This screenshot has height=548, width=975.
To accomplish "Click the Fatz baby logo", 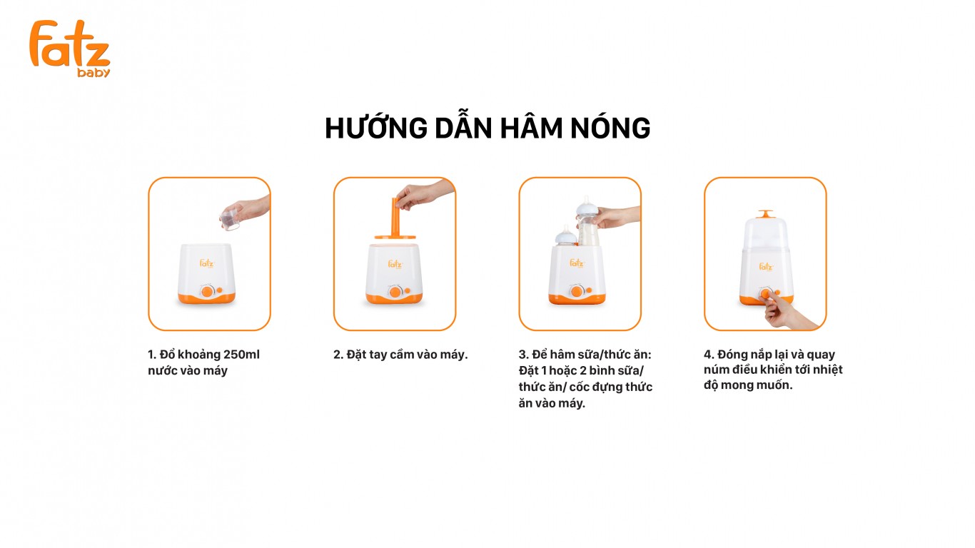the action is [70, 49].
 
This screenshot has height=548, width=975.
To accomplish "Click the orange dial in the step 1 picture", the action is [207, 292].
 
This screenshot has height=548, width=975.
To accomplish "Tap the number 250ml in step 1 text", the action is [241, 355].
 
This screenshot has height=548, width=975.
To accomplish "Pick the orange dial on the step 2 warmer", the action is [395, 292].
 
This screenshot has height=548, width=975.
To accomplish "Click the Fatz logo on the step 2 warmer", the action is [395, 264].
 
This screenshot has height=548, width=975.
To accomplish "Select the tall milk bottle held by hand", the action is [587, 221].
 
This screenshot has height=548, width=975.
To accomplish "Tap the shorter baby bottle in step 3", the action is [566, 236].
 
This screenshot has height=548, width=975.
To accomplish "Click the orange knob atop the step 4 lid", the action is [765, 214].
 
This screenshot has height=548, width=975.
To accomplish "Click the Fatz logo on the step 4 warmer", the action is [766, 266].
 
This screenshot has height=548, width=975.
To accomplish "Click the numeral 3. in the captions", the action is [523, 355].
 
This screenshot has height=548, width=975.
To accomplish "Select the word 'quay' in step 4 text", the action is [821, 355].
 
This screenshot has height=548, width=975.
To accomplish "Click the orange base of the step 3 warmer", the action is [577, 299].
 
